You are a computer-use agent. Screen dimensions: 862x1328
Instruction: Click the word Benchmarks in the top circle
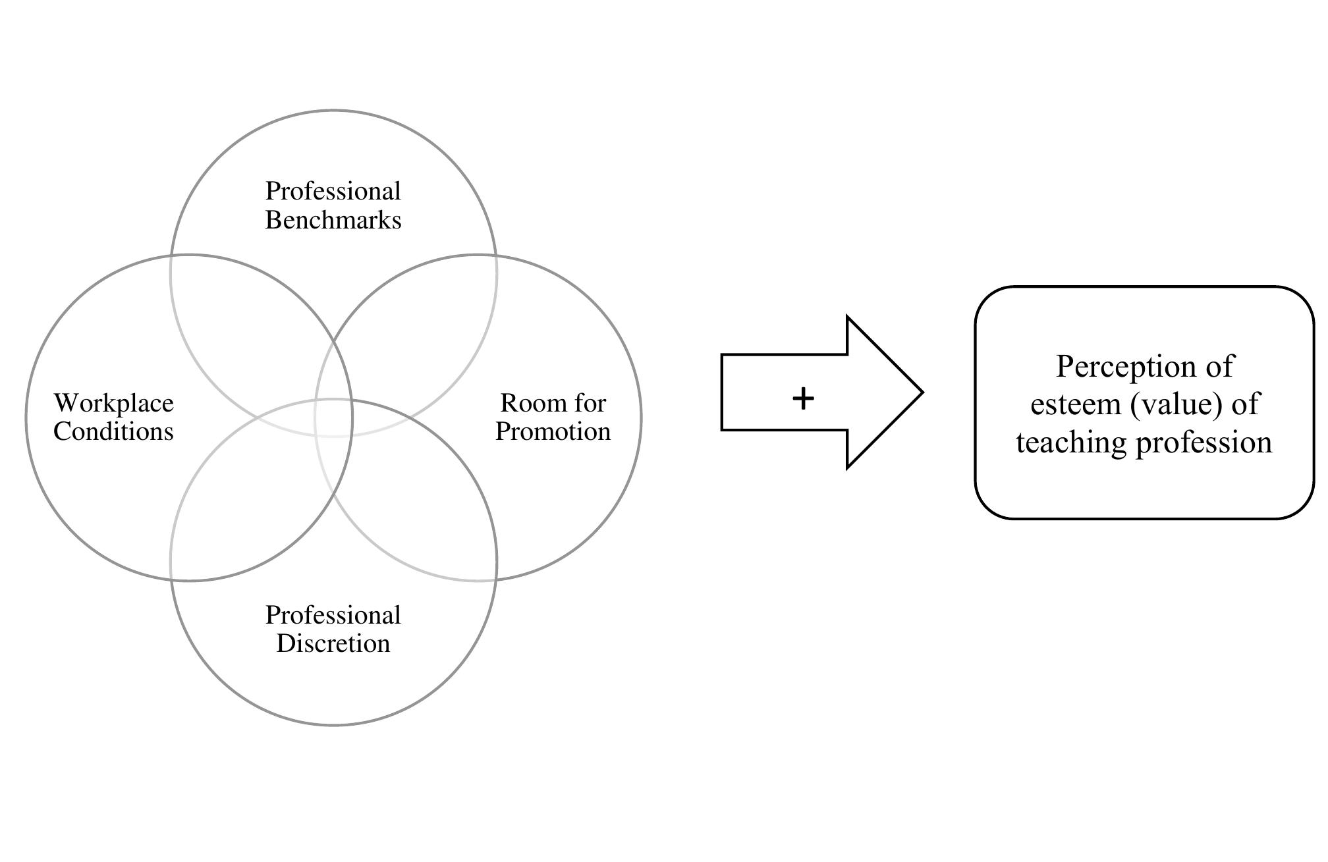[333, 220]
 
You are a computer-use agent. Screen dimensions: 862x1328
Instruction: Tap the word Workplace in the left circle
[114, 403]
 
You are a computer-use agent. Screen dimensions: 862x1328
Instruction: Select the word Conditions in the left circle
[113, 431]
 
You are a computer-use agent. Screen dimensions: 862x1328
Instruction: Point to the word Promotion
[553, 431]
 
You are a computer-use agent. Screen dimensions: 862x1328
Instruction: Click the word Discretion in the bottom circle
[333, 643]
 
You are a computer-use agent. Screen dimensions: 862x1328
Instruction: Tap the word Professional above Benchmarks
[333, 192]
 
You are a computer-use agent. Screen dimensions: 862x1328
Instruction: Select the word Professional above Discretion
[333, 615]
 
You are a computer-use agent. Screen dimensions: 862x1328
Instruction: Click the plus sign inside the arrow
[803, 398]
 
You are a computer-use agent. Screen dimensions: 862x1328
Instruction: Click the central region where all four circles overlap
[333, 418]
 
